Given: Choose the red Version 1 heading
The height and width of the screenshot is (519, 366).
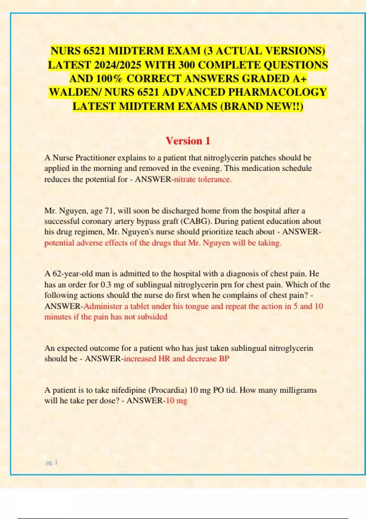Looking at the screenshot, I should pyautogui.click(x=188, y=141).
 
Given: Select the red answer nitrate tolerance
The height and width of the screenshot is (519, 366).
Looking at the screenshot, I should pyautogui.click(x=203, y=179).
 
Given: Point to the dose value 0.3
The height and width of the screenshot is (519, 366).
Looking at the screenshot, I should pyautogui.click(x=106, y=285).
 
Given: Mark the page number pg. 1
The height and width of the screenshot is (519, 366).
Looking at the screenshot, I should pyautogui.click(x=52, y=463).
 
